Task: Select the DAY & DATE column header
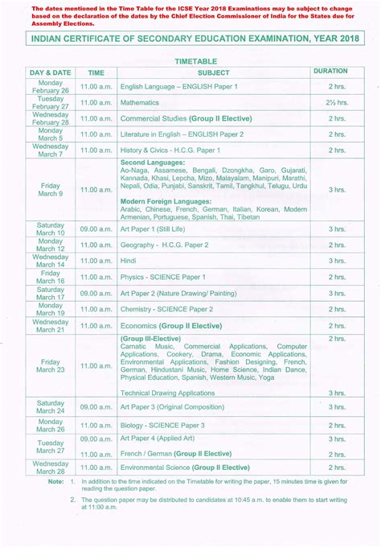[x=51, y=72]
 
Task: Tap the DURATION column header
[x=330, y=72]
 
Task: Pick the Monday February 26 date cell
[x=51, y=87]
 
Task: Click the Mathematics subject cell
[x=141, y=103]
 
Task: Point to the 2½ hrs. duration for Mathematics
[x=335, y=103]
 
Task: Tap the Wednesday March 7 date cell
[x=51, y=150]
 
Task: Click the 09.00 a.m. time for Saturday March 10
[x=96, y=229]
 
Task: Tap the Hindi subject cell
[x=129, y=261]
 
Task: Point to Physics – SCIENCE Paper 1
[x=162, y=276]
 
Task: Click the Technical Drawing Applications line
[x=168, y=393]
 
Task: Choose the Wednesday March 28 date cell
[x=51, y=467]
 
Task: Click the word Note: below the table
[x=55, y=482]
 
